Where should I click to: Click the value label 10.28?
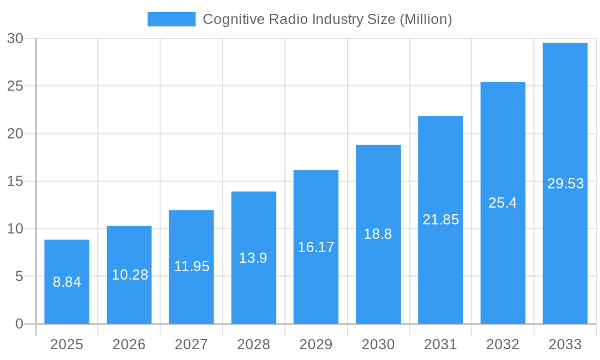(130, 275)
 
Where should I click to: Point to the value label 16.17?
(316, 247)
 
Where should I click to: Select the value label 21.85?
(440, 220)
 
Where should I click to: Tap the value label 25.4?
(503, 203)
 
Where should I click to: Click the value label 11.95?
(192, 266)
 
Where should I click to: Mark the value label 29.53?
(565, 184)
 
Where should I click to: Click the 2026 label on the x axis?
(129, 344)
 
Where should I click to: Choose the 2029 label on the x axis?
(316, 344)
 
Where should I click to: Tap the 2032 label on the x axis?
(503, 344)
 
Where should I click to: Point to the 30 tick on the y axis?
(15, 38)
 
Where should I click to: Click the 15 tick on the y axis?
(15, 181)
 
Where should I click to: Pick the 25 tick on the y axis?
(15, 86)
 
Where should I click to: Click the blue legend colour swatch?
(172, 19)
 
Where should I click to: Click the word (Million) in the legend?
(425, 19)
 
